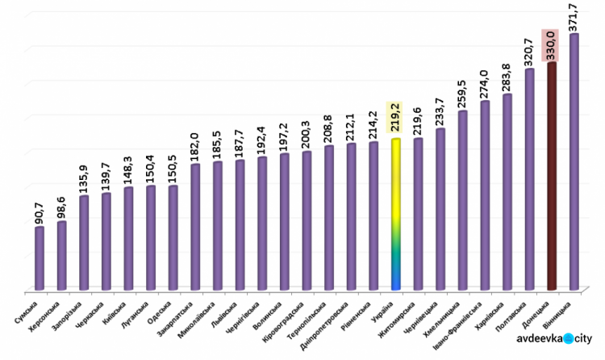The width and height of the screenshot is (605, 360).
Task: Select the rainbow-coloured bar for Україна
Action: (395, 214)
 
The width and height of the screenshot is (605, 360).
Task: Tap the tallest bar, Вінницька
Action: (574, 161)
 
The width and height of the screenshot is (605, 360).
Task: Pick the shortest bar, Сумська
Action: (40, 258)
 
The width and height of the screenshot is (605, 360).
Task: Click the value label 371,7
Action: (574, 17)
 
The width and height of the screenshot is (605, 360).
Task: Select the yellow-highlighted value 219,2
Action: (394, 118)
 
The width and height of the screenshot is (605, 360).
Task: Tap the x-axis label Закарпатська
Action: (181, 314)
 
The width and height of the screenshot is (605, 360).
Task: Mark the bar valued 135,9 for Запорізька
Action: (84, 242)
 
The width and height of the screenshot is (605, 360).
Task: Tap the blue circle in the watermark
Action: (568, 340)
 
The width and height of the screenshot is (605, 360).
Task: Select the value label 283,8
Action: (507, 77)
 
